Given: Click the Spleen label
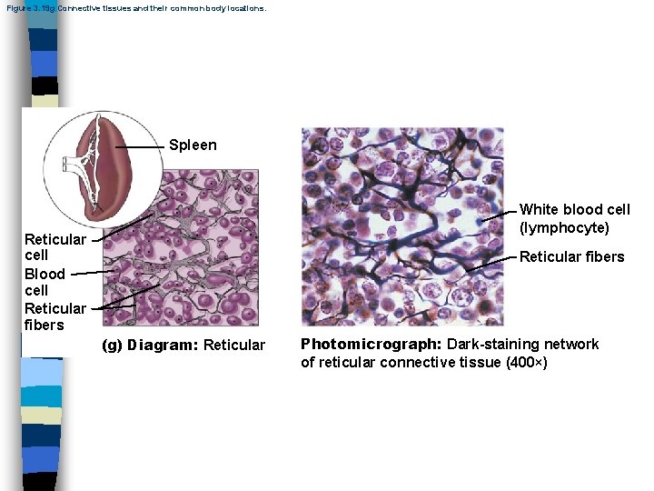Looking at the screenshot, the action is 193,145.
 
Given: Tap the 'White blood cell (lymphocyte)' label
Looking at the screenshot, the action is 574,218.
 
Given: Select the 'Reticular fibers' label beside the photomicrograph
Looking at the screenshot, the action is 571,256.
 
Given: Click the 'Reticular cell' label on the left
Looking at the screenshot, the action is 54,247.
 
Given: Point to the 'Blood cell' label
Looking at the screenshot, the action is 45,282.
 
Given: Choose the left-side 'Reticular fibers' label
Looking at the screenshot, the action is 54,316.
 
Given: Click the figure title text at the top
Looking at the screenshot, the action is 135,7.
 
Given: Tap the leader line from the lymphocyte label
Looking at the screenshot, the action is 500,213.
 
